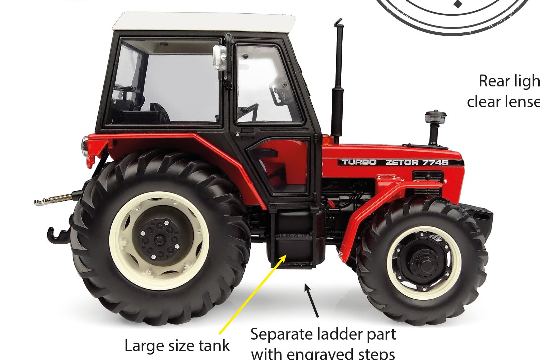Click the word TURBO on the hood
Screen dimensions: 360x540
tap(359, 162)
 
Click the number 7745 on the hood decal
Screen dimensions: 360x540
tap(436, 162)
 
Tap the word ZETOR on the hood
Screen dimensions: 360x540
tap(402, 162)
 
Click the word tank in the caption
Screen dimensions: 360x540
tap(214, 346)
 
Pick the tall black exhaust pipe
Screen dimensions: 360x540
tap(338, 82)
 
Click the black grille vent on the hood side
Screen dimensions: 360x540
tap(428, 176)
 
